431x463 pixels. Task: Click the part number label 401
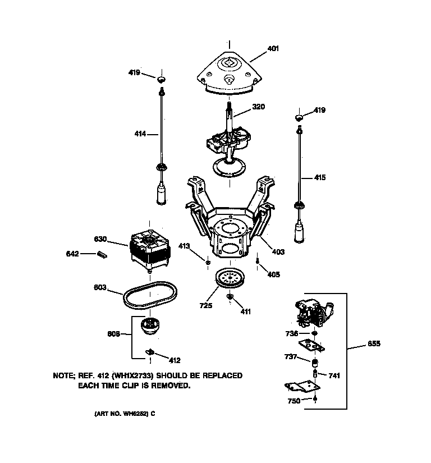[x=273, y=49]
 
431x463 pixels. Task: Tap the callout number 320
[x=258, y=107]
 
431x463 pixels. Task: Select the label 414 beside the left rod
[x=140, y=134]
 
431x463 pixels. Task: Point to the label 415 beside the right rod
[x=319, y=178]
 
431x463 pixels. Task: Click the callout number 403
[x=278, y=252]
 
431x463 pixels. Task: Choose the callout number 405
[x=273, y=274]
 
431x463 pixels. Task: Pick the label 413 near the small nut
[x=185, y=246]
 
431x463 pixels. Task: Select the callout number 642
[x=72, y=254]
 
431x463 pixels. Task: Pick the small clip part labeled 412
[x=151, y=352]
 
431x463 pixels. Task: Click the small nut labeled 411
[x=230, y=296]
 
